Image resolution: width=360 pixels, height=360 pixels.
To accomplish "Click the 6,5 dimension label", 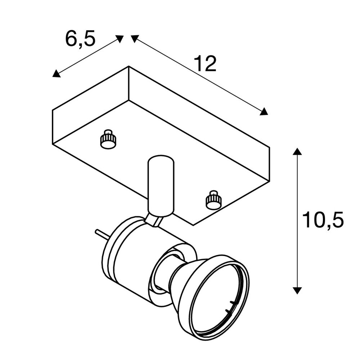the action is pyautogui.click(x=80, y=39).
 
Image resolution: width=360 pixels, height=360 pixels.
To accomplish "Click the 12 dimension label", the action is pyautogui.click(x=205, y=64).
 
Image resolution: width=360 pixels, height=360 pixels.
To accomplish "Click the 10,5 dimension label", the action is pyautogui.click(x=323, y=220).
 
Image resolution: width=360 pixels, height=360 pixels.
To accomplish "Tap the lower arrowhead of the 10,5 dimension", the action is pyautogui.click(x=298, y=291).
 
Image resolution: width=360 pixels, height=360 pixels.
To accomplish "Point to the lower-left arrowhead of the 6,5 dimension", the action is pyautogui.click(x=56, y=73).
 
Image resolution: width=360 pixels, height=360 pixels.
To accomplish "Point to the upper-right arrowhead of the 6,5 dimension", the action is pyautogui.click(x=120, y=39).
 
